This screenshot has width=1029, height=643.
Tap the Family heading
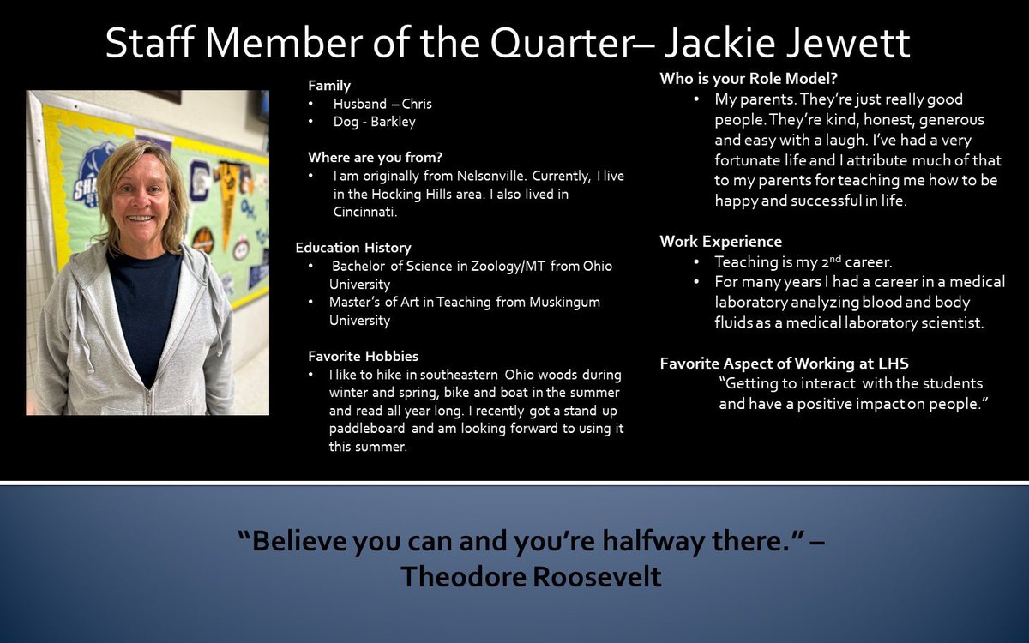pos(329,86)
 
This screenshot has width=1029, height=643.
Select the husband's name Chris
pos(417,105)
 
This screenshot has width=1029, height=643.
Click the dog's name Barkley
pos(393,122)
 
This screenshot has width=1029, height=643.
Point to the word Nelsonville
pos(491,176)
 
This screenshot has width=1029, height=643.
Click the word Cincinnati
pos(365,213)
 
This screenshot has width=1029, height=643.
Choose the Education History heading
pos(353,248)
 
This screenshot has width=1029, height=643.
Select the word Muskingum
pos(564,303)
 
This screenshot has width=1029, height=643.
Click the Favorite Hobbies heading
pos(363,357)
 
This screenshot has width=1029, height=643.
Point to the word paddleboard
pos(367,429)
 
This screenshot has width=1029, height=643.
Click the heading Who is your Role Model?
pos(749,80)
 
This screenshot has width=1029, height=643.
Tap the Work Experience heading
pos(721,242)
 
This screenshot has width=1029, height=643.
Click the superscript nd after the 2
pos(835,259)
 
